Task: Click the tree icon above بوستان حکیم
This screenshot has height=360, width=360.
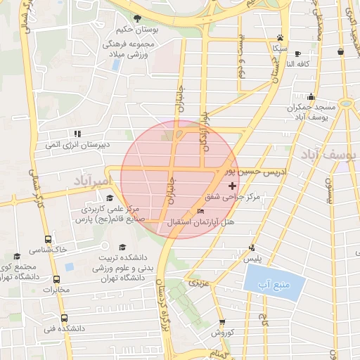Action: [138, 18]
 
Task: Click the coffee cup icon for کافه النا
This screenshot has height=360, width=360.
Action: [297, 53]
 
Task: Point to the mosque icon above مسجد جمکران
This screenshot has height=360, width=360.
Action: [310, 96]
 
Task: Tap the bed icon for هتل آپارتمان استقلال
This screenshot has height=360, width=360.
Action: [201, 212]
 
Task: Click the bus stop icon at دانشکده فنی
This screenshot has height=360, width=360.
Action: [64, 318]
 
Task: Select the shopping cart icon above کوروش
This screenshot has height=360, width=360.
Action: [220, 320]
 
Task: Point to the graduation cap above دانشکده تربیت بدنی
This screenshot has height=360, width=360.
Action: [123, 247]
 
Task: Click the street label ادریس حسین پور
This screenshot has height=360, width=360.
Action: [243, 171]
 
